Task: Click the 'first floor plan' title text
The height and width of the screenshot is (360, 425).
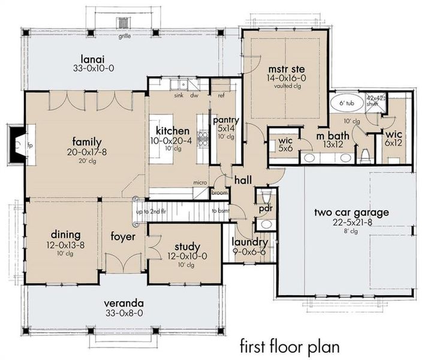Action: [x=290, y=346]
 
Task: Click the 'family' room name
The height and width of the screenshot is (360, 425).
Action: [x=87, y=142]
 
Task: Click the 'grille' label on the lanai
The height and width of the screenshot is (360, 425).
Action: [x=124, y=36]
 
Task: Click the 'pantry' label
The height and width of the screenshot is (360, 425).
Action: [x=226, y=119]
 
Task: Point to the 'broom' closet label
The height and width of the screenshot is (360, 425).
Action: [x=219, y=193]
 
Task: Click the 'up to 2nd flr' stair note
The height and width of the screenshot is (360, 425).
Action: [x=150, y=211]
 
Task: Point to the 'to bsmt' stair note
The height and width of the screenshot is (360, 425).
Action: [x=221, y=211]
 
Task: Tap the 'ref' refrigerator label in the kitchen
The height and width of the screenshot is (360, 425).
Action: [x=221, y=95]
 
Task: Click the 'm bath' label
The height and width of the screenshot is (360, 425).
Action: [x=329, y=136]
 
